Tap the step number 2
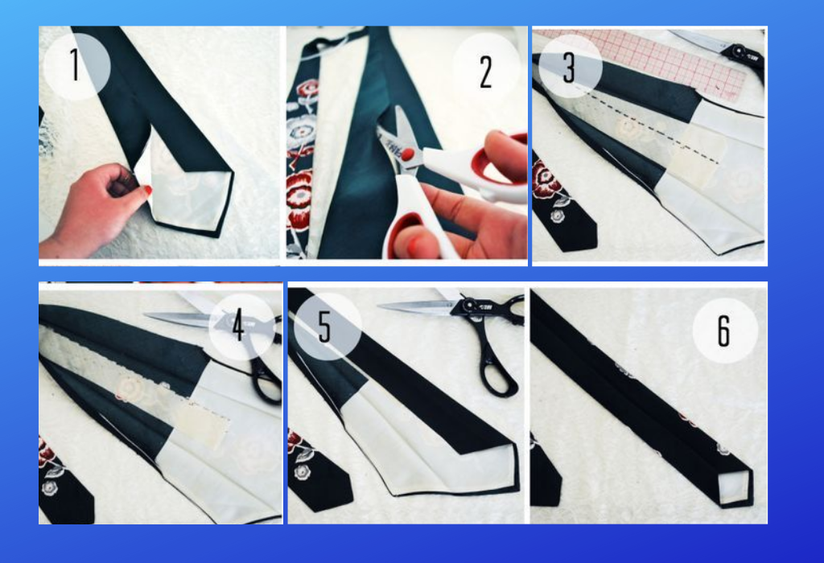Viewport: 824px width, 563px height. coord(486,72)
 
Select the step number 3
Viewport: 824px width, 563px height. coord(569,68)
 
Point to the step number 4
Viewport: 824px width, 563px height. coord(238,325)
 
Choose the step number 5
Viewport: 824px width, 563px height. coord(325,327)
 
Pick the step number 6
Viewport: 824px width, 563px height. coord(724,331)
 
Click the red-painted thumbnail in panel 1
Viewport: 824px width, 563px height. coord(148,190)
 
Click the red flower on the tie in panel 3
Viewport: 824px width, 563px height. coord(546,179)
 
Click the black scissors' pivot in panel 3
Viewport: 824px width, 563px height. coord(739,51)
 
